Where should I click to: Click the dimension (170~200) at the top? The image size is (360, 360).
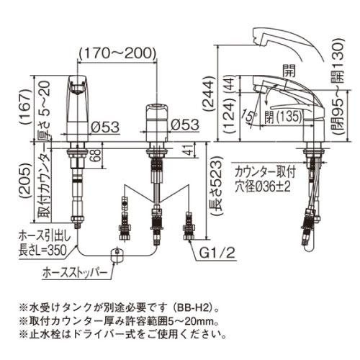117,53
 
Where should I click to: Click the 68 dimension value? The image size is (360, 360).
96,153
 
